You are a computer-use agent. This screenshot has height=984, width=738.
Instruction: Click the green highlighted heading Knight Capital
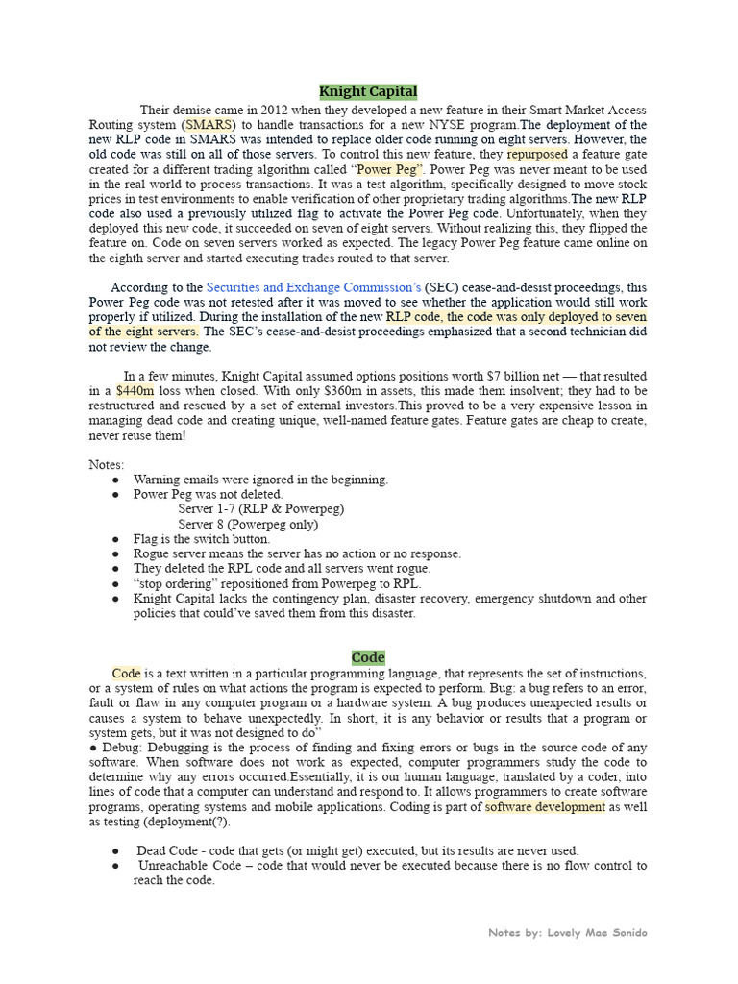368,91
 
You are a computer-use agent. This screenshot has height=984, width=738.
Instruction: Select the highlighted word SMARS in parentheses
209,125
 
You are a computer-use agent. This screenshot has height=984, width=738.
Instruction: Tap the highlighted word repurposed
537,154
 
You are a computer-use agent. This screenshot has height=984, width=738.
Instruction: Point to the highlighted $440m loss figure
135,391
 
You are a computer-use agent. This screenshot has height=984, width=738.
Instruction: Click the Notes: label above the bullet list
107,464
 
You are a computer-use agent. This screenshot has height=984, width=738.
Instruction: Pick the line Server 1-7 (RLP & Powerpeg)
260,509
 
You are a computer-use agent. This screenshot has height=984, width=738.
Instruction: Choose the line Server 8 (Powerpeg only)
248,524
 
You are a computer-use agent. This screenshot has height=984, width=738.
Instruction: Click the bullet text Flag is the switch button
202,539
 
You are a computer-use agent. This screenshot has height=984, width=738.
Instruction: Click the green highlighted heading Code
368,657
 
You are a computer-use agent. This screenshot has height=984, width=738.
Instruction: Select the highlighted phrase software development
545,807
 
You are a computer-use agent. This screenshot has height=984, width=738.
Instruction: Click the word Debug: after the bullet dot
120,748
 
